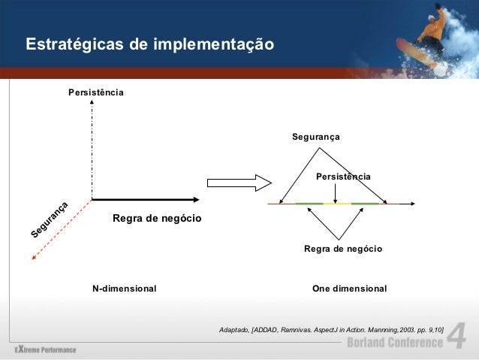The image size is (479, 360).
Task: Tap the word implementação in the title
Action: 212,45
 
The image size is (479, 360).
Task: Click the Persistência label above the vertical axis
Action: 95,92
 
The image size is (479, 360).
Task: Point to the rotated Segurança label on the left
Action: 51,221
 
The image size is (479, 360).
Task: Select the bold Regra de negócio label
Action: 157,219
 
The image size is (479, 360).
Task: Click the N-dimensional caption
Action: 124,289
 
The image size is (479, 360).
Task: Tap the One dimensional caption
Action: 349,289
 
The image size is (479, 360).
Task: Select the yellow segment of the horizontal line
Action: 342,204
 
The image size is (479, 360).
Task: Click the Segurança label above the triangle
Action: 316,138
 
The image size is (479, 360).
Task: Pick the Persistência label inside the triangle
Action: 343,177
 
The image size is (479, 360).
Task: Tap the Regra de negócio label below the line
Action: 343,248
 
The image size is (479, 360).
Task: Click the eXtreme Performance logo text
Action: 45,349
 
